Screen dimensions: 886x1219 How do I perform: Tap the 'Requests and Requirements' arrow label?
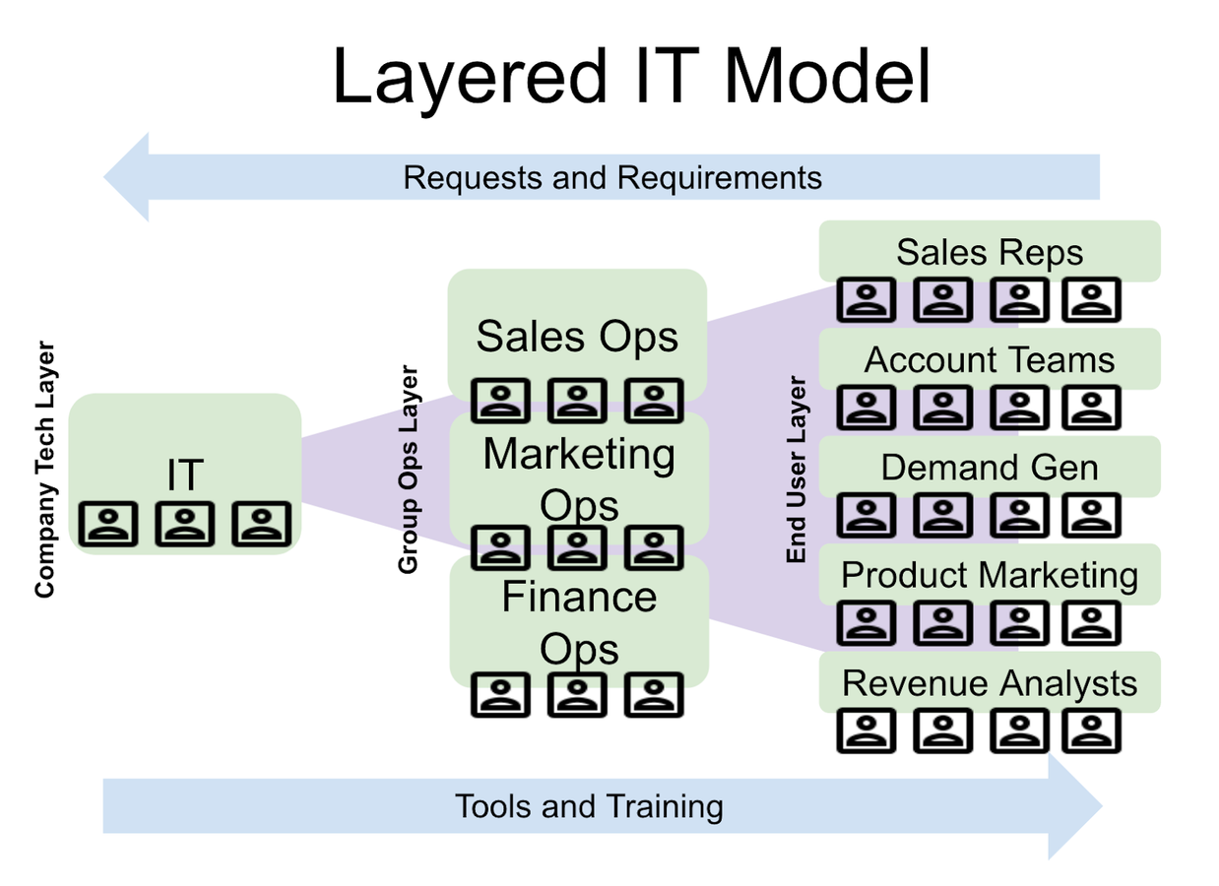click(x=612, y=178)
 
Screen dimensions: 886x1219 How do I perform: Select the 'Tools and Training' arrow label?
click(x=589, y=806)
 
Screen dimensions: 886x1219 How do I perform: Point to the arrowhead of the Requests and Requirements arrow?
click(x=127, y=177)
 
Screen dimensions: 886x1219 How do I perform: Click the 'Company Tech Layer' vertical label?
click(x=45, y=470)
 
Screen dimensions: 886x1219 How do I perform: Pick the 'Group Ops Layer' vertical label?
click(x=409, y=470)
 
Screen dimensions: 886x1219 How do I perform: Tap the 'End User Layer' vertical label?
click(x=797, y=470)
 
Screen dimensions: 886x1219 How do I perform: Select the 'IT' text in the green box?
click(x=184, y=475)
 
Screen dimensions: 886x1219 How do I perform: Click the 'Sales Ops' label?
click(x=577, y=337)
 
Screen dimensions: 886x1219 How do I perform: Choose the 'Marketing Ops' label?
click(x=579, y=479)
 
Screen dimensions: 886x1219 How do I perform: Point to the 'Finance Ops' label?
click(x=579, y=622)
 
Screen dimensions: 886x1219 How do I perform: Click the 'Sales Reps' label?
click(x=990, y=252)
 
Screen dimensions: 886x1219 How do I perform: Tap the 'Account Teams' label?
click(x=990, y=359)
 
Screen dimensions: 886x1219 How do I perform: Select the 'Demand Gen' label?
click(x=990, y=467)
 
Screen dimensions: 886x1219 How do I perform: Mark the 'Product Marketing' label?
click(x=990, y=575)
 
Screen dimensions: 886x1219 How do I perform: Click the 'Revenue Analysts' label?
click(x=990, y=682)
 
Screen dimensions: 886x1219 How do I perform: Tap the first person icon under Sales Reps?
click(x=867, y=299)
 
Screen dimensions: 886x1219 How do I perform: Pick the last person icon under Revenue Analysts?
click(x=1091, y=730)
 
